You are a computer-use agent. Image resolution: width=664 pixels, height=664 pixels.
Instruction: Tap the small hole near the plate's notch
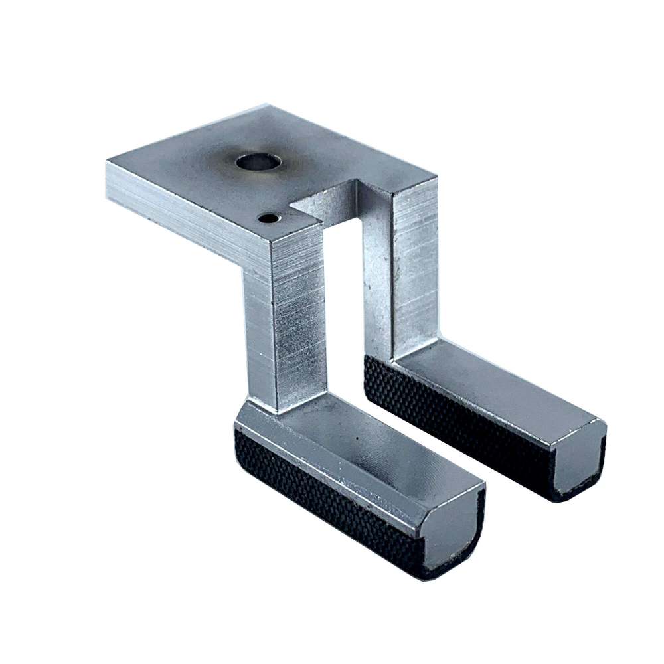pyautogui.click(x=268, y=218)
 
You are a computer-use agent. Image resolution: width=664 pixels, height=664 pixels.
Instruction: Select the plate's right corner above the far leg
pyautogui.click(x=435, y=178)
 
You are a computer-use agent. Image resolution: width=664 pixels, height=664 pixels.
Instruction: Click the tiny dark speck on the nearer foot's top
pyautogui.click(x=357, y=439)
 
